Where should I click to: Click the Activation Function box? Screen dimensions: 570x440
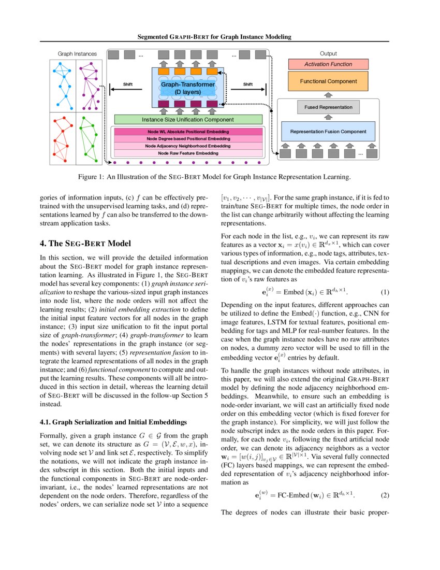click(328, 64)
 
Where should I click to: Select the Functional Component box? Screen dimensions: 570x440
click(328, 81)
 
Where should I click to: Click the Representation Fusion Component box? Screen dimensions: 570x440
click(328, 132)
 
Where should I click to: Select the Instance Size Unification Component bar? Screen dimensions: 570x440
click(188, 120)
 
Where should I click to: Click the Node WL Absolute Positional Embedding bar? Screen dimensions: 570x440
click(188, 132)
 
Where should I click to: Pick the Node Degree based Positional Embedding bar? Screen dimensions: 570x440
click(188, 139)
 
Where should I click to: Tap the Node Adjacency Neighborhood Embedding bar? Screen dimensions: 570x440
click(188, 146)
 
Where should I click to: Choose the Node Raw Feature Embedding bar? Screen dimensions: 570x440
click(188, 153)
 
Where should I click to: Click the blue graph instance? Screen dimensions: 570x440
click(63, 85)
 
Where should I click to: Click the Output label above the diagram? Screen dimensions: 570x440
click(328, 53)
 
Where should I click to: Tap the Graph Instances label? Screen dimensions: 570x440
click(77, 53)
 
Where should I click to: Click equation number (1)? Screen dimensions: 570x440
click(385, 292)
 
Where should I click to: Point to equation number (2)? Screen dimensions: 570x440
click(385, 495)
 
